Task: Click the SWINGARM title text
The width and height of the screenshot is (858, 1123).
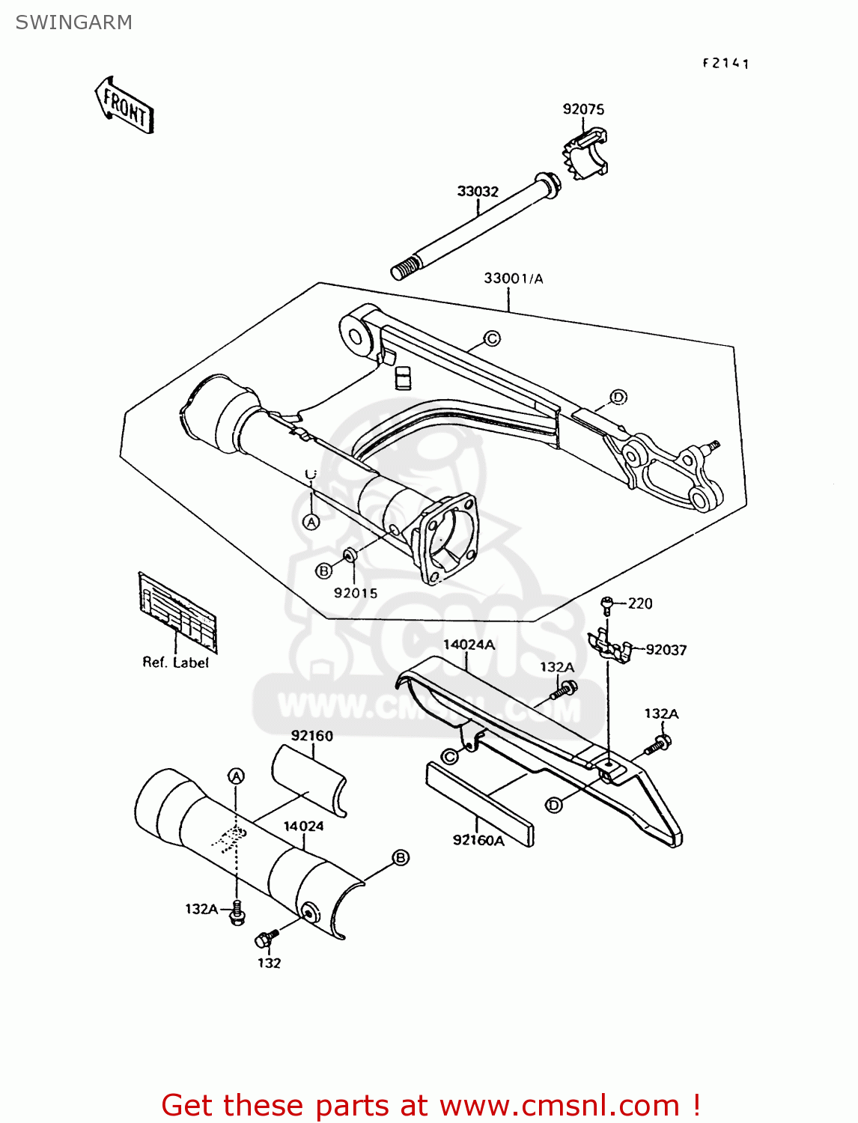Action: pyautogui.click(x=73, y=22)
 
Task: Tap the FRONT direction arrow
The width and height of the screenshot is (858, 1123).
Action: pyautogui.click(x=124, y=106)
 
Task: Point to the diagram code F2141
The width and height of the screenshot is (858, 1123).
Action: pyautogui.click(x=725, y=64)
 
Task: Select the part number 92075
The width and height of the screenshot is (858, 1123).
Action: pyautogui.click(x=582, y=109)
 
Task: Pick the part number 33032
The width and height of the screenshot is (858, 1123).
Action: pyautogui.click(x=477, y=192)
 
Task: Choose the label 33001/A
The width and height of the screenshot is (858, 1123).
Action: pyautogui.click(x=513, y=279)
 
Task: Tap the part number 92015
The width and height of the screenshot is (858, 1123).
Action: pyautogui.click(x=355, y=593)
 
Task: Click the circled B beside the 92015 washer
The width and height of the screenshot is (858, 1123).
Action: pyautogui.click(x=323, y=571)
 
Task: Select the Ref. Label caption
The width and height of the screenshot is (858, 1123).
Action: pyautogui.click(x=175, y=663)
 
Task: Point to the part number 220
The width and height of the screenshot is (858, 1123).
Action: pyautogui.click(x=640, y=603)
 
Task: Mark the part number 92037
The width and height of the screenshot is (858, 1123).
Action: pyautogui.click(x=666, y=650)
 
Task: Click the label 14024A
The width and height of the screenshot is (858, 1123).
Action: pyautogui.click(x=469, y=645)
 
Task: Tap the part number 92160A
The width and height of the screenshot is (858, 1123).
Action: pyautogui.click(x=478, y=840)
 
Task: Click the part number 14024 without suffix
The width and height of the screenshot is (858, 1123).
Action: pyautogui.click(x=303, y=827)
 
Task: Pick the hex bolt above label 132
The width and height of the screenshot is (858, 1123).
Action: pyautogui.click(x=266, y=938)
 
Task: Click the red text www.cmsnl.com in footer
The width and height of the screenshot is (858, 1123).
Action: pyautogui.click(x=559, y=1105)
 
